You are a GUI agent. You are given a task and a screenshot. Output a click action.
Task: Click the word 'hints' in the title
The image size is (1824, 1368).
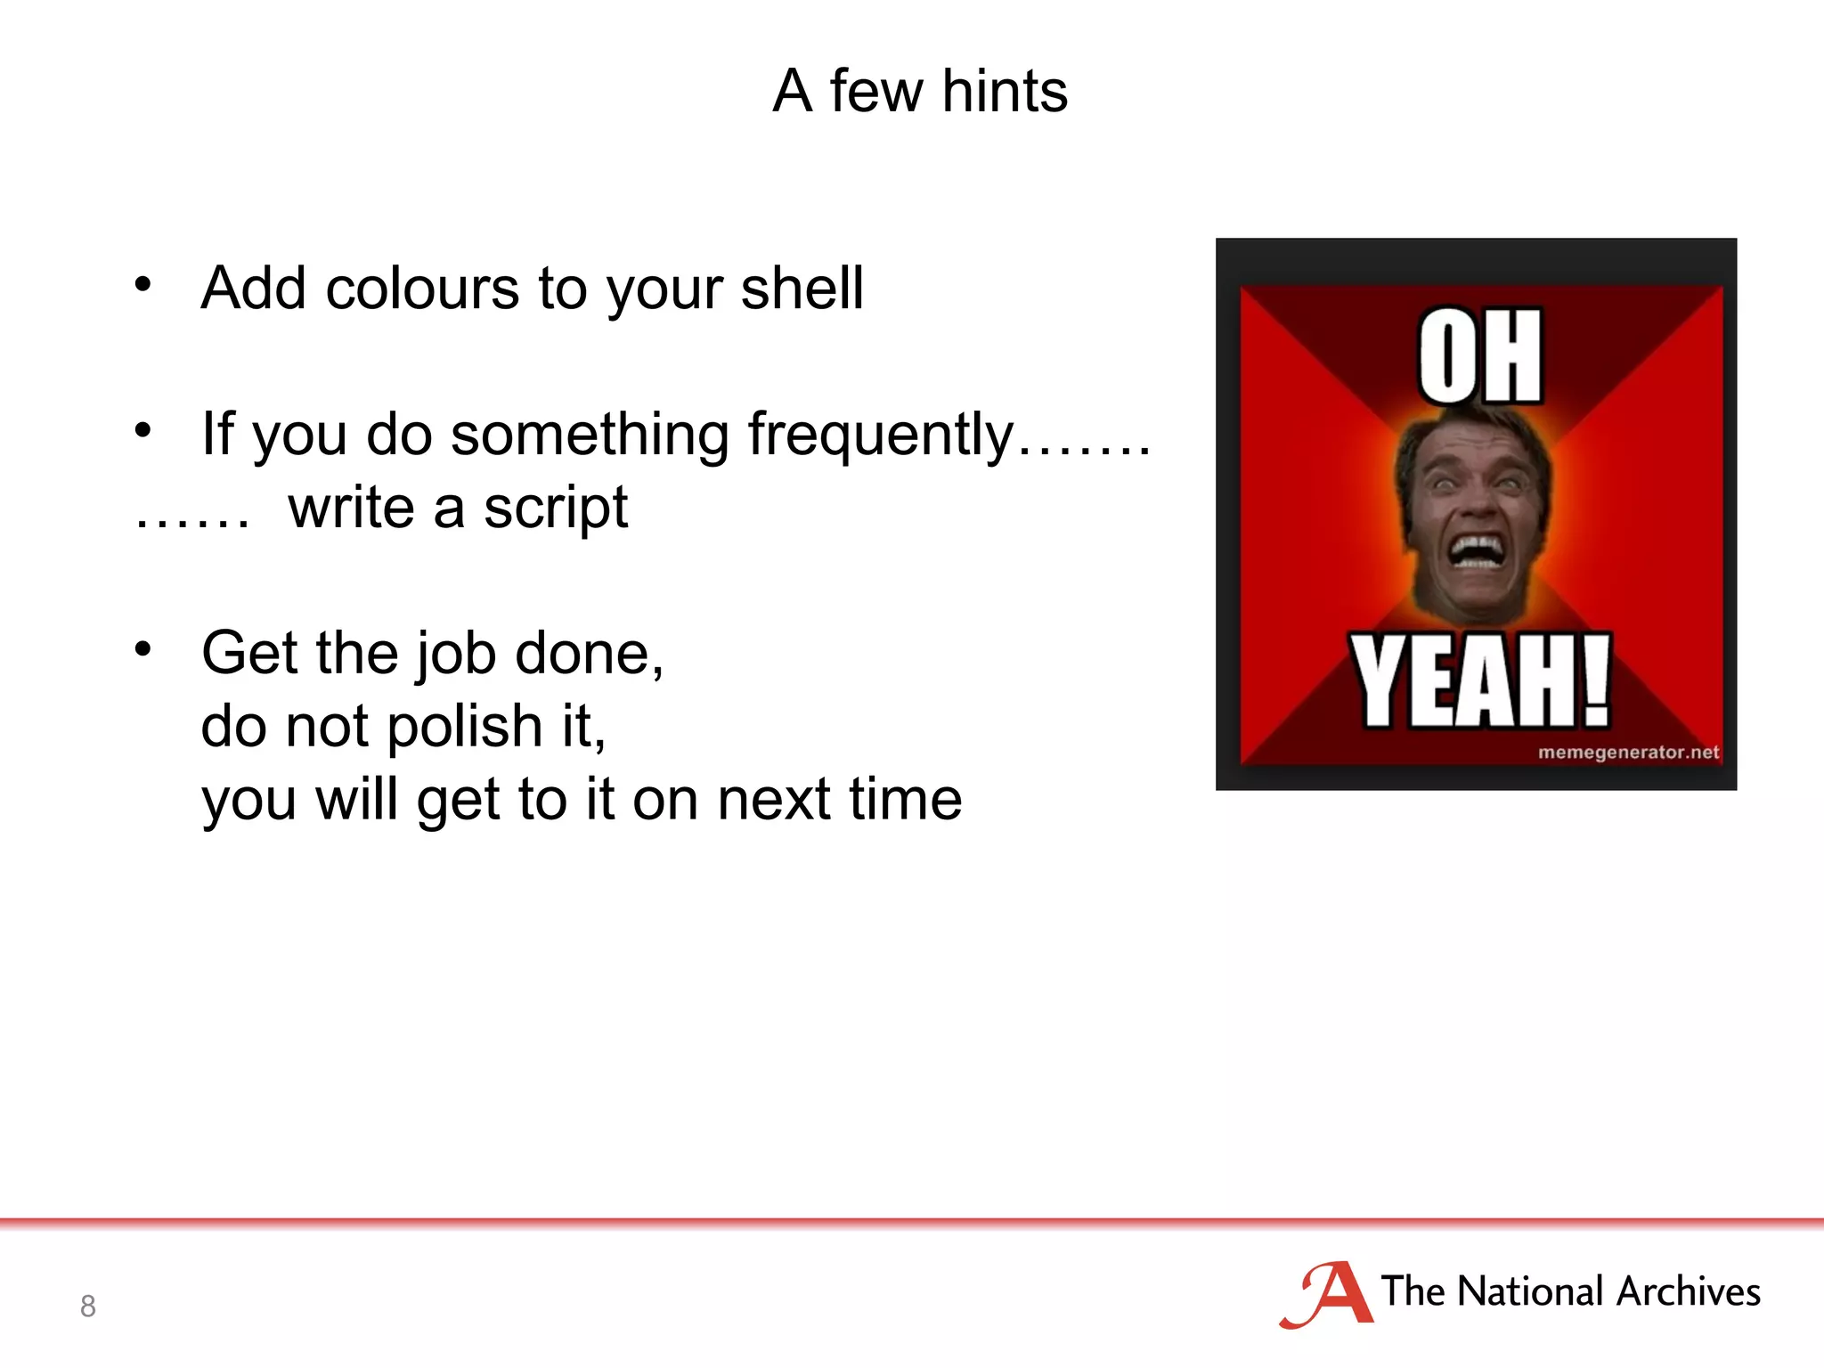1005,91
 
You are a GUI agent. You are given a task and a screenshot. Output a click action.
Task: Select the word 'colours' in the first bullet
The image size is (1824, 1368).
422,289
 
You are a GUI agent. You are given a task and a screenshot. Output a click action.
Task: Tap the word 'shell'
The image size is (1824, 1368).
802,289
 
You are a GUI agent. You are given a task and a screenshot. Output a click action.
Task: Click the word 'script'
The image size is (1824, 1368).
556,509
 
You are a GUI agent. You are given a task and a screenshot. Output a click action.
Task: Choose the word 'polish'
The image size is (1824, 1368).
465,727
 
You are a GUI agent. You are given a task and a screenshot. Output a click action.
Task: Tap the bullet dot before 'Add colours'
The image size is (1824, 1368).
142,285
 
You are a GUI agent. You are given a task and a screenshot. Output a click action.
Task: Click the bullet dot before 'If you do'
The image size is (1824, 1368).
142,431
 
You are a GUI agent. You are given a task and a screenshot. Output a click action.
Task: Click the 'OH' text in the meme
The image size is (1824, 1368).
1479,356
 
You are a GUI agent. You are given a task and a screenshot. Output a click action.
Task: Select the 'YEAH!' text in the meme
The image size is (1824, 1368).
1479,682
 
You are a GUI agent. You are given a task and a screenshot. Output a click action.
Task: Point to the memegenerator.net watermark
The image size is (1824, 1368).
1627,753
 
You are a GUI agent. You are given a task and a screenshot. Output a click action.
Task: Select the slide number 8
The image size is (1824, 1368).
87,1306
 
